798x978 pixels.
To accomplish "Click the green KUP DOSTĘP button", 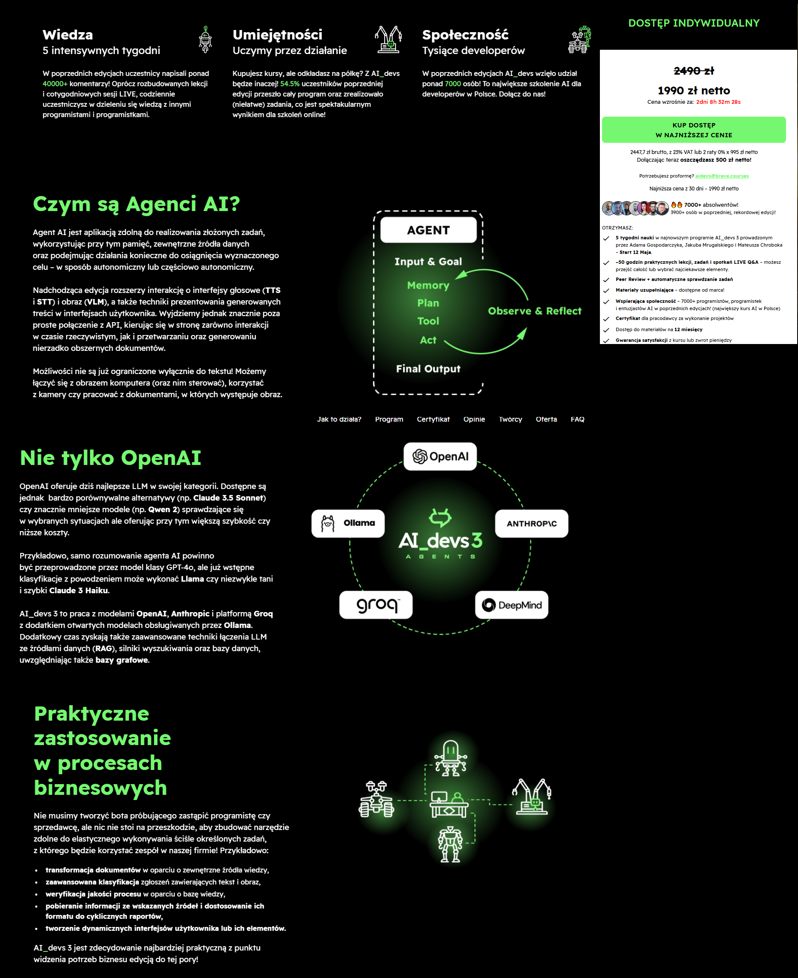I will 693,130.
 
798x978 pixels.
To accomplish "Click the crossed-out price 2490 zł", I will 693,71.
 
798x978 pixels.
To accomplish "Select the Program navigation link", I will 389,419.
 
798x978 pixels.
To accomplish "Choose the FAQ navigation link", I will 577,419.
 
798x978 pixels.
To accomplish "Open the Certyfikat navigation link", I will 433,419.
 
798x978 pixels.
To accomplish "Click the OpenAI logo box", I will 440,456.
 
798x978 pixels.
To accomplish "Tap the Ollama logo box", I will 348,523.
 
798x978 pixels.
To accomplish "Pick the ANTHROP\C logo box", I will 531,523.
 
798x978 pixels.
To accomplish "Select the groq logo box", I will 376,605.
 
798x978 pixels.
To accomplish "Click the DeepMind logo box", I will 512,605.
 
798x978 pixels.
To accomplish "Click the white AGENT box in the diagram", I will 428,230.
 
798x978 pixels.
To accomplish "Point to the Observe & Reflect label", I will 534,311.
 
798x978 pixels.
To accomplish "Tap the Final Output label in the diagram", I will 428,369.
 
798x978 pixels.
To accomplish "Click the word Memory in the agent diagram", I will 428,286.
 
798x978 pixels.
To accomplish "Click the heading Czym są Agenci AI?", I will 136,204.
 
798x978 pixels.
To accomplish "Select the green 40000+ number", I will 55,84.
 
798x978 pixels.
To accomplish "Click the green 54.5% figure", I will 289,84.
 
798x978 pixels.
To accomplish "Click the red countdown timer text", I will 718,102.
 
